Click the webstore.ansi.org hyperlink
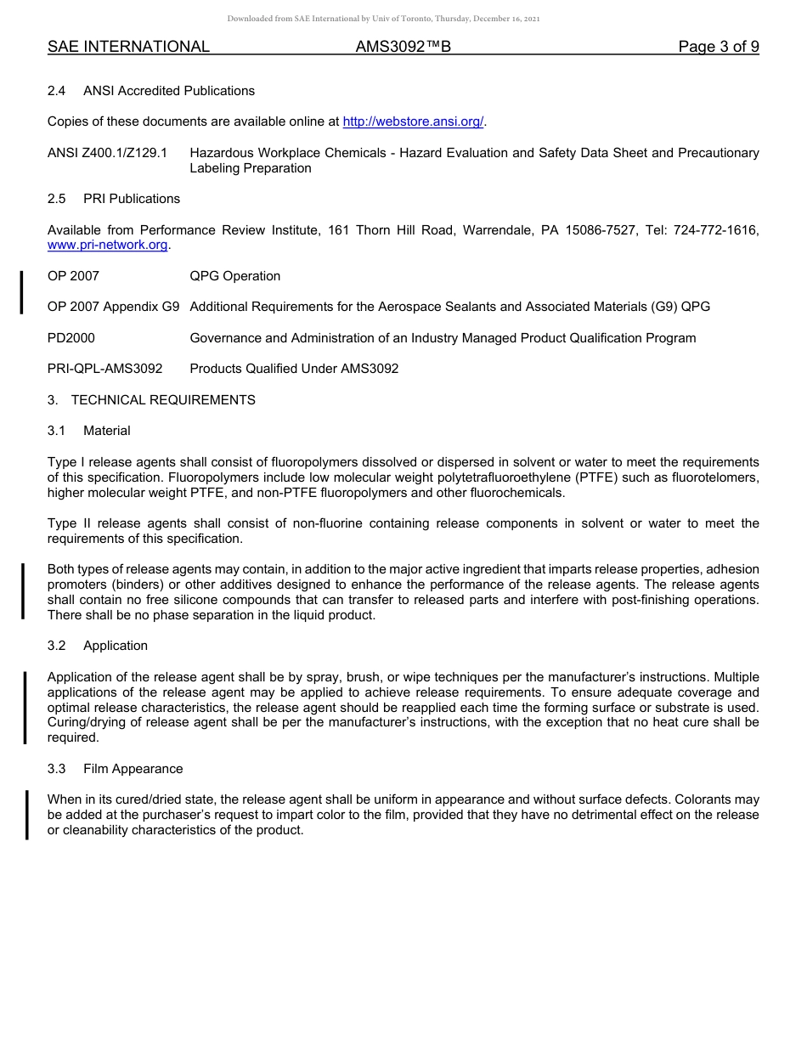click(413, 121)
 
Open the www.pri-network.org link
click(108, 245)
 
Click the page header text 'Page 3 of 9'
click(718, 47)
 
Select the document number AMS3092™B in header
click(403, 47)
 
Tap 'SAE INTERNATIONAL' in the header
click(128, 47)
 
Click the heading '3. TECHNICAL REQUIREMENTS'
click(151, 399)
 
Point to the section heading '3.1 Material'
click(89, 431)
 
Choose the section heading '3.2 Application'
click(98, 646)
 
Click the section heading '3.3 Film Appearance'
click(116, 769)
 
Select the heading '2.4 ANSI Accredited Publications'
click(151, 91)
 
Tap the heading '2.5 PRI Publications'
click(114, 199)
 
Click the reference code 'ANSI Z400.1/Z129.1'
click(107, 153)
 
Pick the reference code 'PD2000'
click(71, 338)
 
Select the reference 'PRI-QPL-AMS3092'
click(104, 369)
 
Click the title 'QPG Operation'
click(234, 276)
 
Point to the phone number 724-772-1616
click(716, 230)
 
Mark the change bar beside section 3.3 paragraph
click(26, 815)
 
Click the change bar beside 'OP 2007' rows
click(22, 291)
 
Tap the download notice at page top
click(383, 19)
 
